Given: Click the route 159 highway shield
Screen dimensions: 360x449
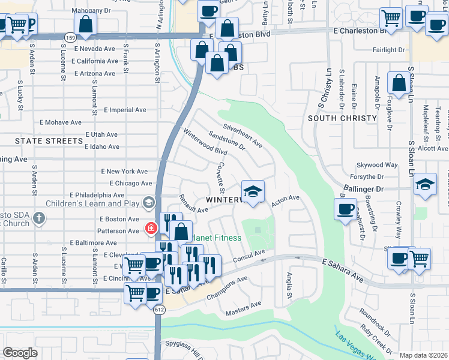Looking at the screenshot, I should (x=70, y=37).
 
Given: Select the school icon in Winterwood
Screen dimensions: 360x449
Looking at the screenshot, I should (x=253, y=191).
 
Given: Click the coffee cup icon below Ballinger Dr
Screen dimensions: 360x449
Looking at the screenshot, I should (x=345, y=209).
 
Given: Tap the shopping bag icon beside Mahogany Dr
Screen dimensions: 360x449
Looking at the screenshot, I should (x=86, y=25).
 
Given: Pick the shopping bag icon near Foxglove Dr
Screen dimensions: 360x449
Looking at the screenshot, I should (x=398, y=83).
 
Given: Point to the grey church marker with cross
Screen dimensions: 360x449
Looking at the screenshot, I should (x=39, y=218).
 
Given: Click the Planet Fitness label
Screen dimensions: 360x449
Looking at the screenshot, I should (x=217, y=238).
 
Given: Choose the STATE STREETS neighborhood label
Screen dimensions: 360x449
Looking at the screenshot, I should (x=49, y=140).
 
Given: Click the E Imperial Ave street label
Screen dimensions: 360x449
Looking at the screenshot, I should (x=125, y=110).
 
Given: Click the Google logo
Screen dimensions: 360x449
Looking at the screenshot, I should (x=20, y=353).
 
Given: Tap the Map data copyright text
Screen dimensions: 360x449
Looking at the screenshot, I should (x=423, y=355).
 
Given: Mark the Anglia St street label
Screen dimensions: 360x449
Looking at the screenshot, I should (x=288, y=289).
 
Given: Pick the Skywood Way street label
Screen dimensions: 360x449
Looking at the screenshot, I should (x=378, y=164).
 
